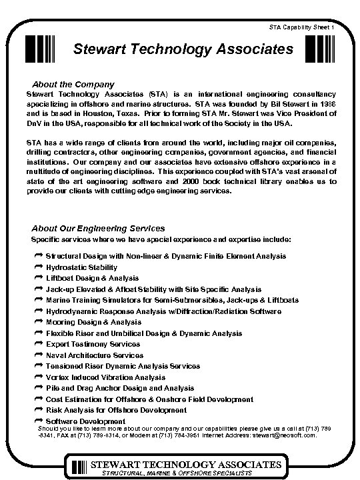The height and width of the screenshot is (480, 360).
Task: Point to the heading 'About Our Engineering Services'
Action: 98,228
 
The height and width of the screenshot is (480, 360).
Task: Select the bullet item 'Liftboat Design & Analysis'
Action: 92,278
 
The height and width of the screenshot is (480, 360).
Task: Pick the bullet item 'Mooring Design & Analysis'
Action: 93,322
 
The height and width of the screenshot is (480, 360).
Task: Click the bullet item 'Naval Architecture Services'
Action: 95,355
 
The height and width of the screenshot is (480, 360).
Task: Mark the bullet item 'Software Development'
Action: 85,421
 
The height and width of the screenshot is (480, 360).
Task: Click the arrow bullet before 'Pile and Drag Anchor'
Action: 37,388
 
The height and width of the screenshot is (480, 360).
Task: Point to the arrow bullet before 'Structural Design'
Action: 37,256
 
